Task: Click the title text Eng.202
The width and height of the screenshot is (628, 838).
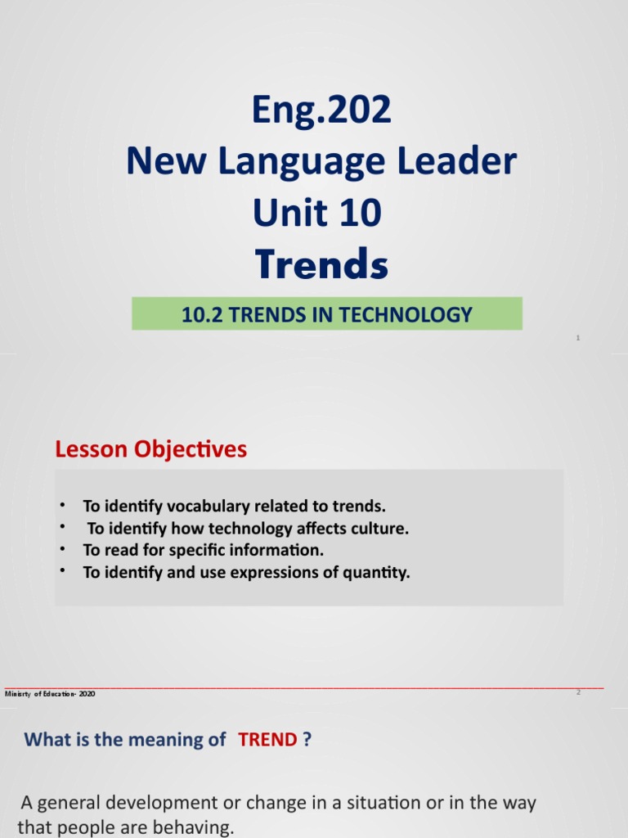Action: click(322, 110)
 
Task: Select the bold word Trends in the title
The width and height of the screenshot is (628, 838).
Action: click(321, 264)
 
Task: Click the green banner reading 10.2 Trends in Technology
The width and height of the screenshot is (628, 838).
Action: click(326, 313)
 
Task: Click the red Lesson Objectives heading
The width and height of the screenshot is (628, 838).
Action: click(150, 449)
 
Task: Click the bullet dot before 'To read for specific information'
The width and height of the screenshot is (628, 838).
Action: click(62, 548)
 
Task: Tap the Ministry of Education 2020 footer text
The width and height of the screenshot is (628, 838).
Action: click(50, 694)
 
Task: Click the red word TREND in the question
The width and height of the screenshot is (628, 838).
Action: click(267, 740)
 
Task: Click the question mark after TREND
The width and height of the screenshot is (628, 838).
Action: click(307, 740)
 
